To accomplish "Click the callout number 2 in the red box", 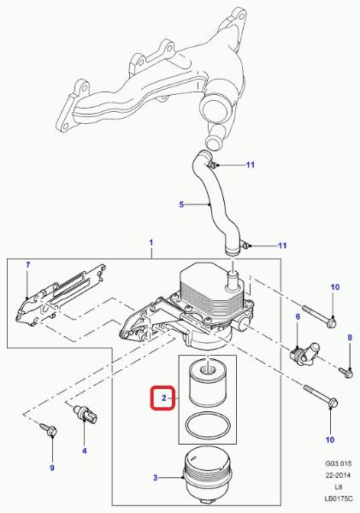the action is point(164,398).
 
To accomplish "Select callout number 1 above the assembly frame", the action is point(151,243).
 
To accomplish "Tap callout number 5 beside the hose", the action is point(181,205).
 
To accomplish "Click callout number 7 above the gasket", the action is point(28,265).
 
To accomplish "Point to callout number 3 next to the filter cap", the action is point(156,478).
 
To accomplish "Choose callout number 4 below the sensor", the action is point(85,451).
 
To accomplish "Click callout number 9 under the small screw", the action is point(52,468).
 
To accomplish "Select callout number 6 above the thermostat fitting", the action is point(298,316).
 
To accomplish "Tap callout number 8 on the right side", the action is point(350,338).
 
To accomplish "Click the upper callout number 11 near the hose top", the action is point(251,164).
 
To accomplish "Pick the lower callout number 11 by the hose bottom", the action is point(282,245).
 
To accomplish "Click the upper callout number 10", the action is point(335,287).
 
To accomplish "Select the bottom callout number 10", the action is point(330,439).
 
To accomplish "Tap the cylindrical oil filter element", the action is point(208,383).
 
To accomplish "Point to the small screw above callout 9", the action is point(49,429).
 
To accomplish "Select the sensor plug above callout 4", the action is point(86,413).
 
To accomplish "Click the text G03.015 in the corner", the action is point(338,463).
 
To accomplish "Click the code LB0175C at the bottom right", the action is point(338,498).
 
